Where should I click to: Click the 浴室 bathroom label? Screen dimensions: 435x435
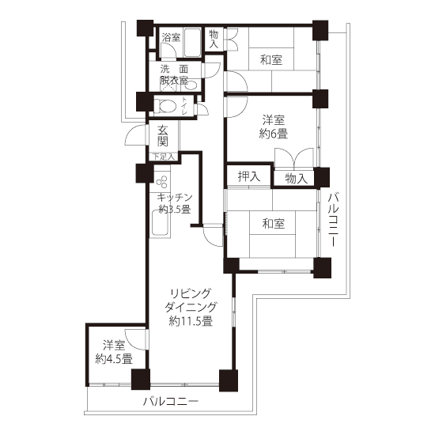coord(171,37)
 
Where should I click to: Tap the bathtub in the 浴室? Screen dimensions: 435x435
coord(192,43)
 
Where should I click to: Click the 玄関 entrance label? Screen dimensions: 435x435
coord(163,136)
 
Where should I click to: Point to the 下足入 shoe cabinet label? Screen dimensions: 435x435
coord(164,157)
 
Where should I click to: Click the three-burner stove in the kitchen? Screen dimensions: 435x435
coord(161,182)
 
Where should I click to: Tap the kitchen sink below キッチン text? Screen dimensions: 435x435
coord(160,223)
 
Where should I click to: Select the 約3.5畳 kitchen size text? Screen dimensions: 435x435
coord(175,209)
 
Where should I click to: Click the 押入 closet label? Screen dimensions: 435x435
coord(249,176)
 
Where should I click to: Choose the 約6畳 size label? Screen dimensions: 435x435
coord(274,134)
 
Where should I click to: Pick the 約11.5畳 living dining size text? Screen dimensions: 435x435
coord(191,321)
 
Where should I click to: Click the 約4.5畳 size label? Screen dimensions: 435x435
coord(114,359)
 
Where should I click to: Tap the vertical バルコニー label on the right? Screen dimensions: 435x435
coord(333,219)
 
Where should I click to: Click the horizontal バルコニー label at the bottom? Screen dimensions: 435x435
coord(171,402)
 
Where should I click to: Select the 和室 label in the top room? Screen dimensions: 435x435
coord(271,60)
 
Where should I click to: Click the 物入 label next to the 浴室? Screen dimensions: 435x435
coord(214,39)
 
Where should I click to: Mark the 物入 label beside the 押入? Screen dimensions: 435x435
coord(297,179)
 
